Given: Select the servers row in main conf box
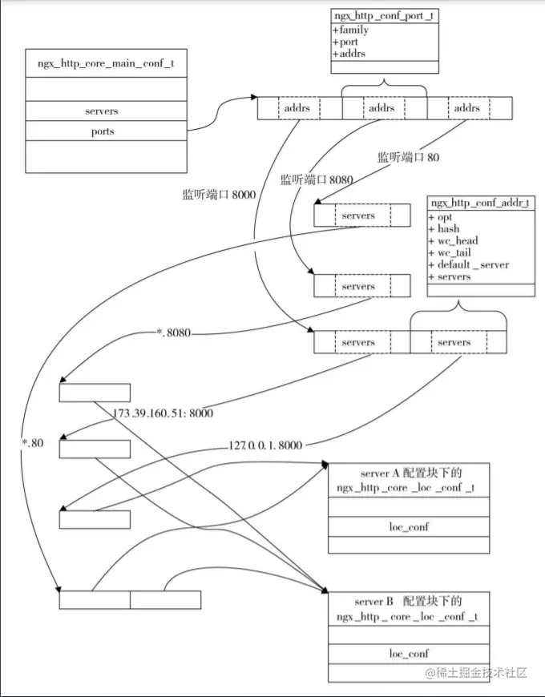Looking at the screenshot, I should [100, 111].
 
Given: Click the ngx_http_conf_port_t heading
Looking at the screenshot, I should [385, 16].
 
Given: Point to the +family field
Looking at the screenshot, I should [350, 30].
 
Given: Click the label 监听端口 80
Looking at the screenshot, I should [408, 158].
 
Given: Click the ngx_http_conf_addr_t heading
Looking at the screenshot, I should [481, 203].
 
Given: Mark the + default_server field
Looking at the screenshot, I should [468, 265].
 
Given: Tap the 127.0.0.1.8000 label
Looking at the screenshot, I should [264, 445].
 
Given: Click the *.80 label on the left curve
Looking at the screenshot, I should [33, 444].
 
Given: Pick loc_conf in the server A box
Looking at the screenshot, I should [409, 527].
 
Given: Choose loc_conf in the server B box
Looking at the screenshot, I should [409, 654].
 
